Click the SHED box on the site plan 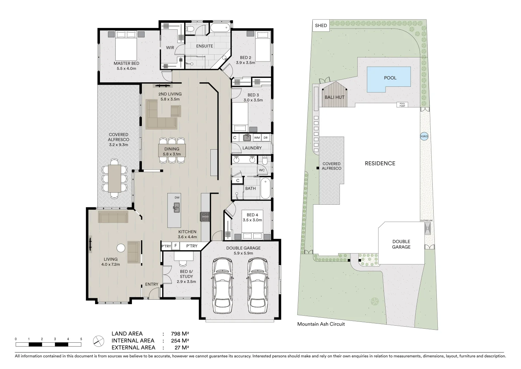click(321, 26)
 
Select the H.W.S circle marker click(424, 136)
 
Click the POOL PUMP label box click(402, 105)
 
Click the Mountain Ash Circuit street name click(321, 324)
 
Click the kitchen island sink click(176, 207)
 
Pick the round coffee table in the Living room click(120, 248)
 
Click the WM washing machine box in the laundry click(257, 138)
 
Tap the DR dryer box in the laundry click(266, 138)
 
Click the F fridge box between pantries click(176, 246)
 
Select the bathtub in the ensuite click(220, 28)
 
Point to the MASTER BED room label click(126, 64)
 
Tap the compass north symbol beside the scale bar click(99, 341)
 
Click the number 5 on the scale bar click(81, 339)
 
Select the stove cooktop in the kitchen click(205, 217)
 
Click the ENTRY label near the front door click(151, 284)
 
